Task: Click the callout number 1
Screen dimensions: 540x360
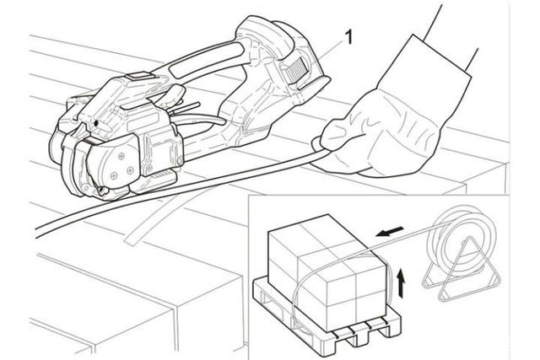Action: [x=348, y=37]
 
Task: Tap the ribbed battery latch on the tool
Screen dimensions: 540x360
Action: [x=294, y=71]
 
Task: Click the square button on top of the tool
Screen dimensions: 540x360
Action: [x=138, y=75]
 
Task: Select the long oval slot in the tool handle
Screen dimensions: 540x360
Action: [x=206, y=61]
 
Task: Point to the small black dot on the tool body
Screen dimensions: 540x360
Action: [x=96, y=123]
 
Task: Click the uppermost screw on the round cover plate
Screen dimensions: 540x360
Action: [x=121, y=156]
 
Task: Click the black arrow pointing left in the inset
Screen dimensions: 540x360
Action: [x=389, y=232]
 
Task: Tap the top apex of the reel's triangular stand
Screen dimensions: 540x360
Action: [x=467, y=237]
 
